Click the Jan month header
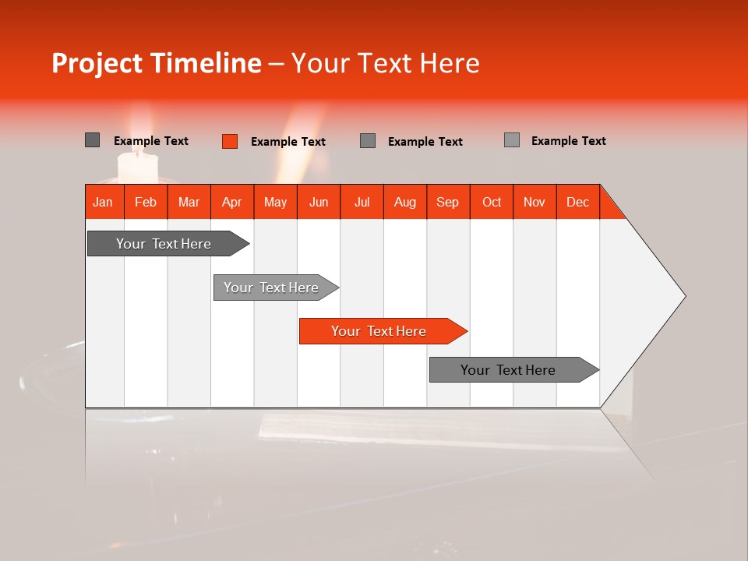[x=103, y=202]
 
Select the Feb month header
[x=146, y=202]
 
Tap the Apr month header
[x=231, y=202]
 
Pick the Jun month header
[x=319, y=202]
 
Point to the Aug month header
[x=404, y=202]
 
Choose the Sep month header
[x=447, y=202]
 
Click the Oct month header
[x=492, y=202]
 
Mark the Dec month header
[x=577, y=202]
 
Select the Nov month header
[x=535, y=202]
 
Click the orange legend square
[x=229, y=141]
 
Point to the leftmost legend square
[x=92, y=140]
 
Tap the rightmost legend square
[x=511, y=140]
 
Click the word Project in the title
[x=98, y=63]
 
